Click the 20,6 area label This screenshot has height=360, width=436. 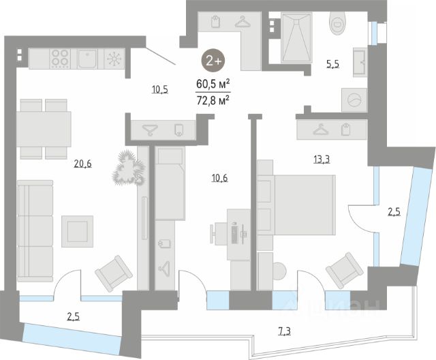tap(84, 163)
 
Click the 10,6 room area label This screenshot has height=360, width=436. tap(220, 179)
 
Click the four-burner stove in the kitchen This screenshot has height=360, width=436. tap(58, 59)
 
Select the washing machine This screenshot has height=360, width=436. tap(354, 99)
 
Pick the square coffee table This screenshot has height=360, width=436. tap(78, 230)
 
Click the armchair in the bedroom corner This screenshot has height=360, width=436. tap(344, 268)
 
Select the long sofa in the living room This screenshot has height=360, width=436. tap(35, 230)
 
